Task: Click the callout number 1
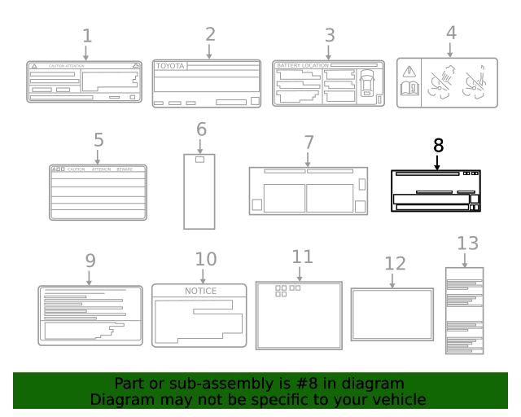87,36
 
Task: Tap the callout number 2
210,34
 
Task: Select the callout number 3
329,35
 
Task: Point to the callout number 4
451,33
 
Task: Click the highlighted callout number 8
438,145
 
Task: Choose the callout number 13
467,243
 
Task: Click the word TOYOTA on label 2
171,66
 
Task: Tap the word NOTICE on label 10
200,291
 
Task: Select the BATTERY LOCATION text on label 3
302,64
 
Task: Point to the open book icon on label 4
409,89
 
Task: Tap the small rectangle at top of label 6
199,160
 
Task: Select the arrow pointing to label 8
437,162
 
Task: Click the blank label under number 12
392,314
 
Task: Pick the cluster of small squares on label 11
287,290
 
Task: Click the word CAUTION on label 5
77,169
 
